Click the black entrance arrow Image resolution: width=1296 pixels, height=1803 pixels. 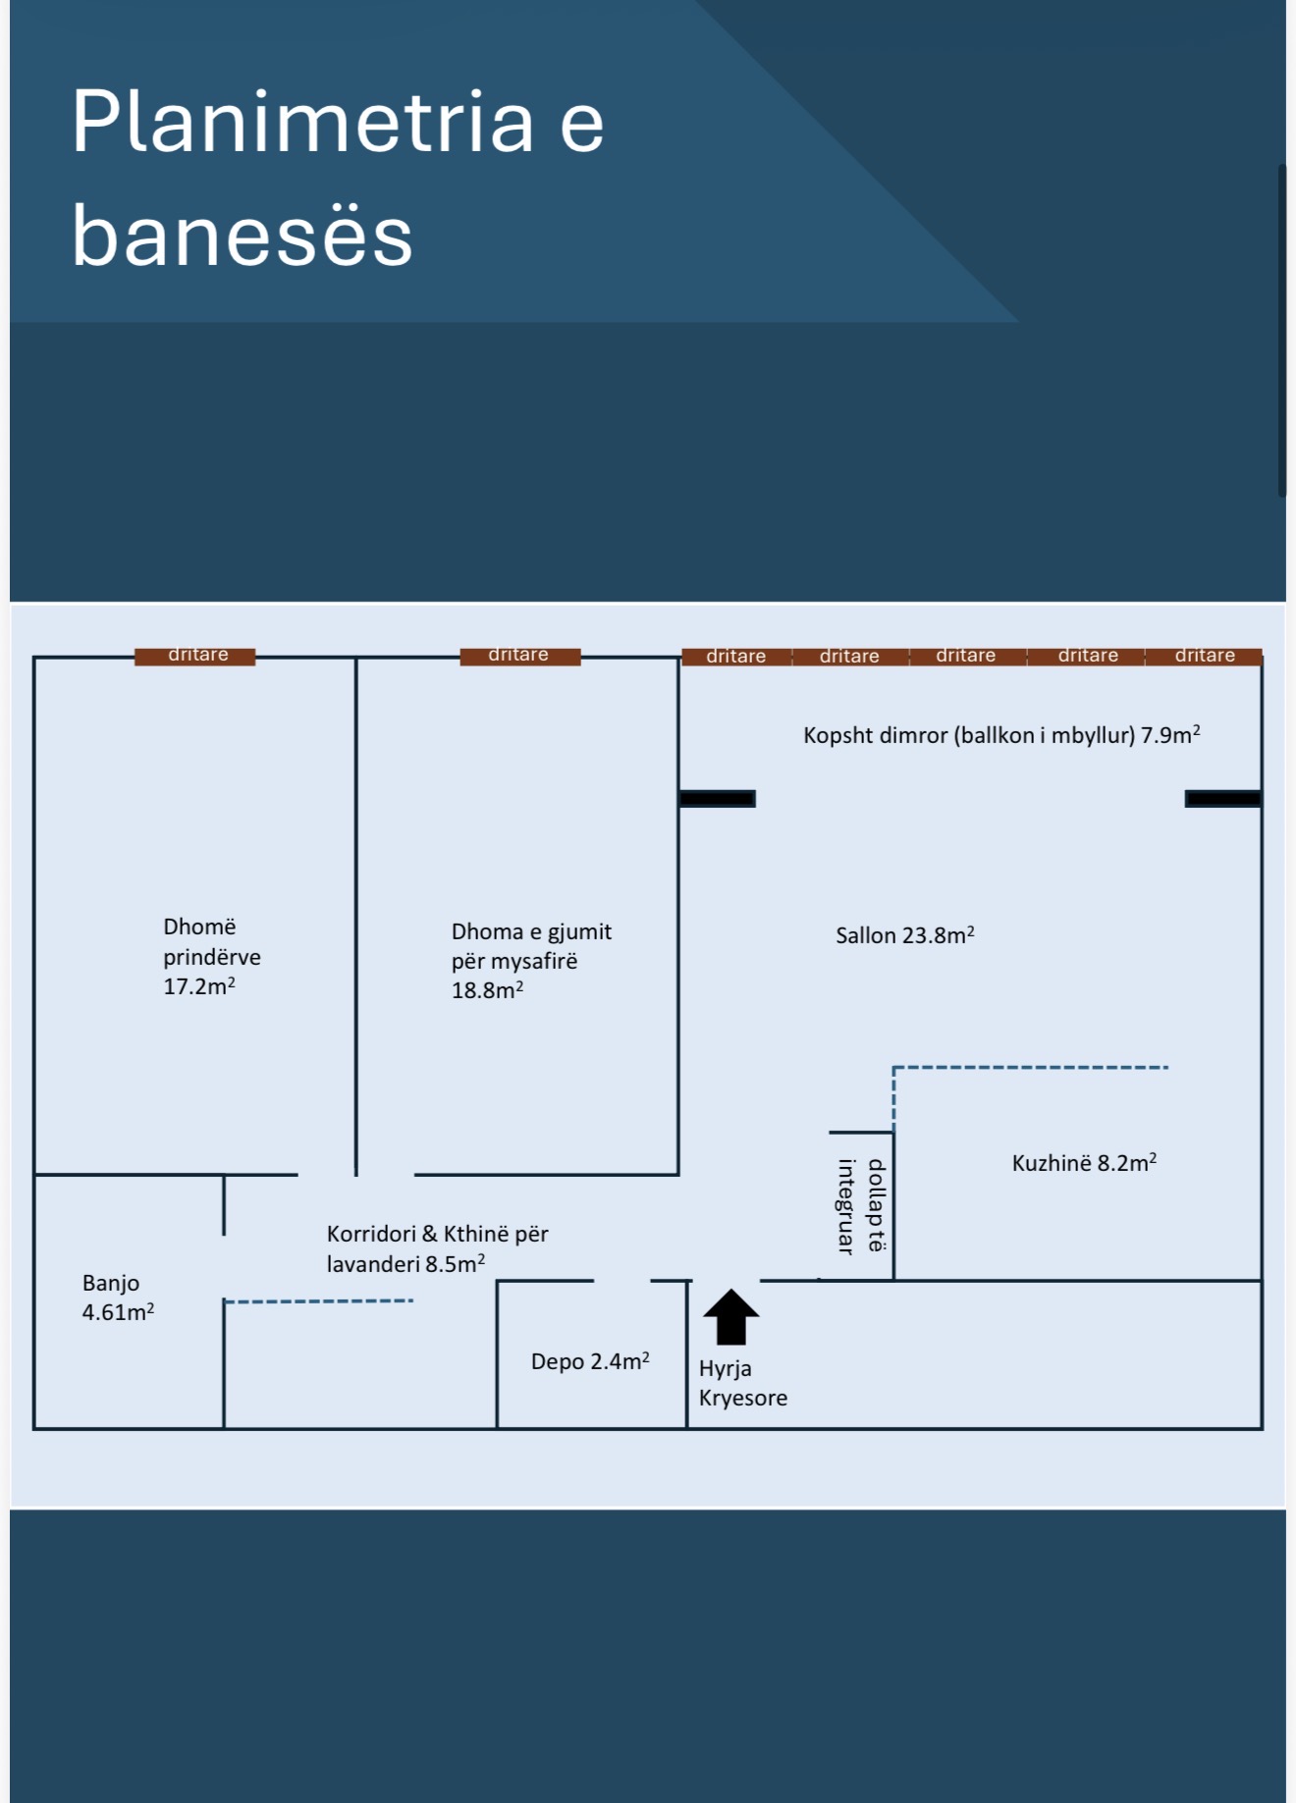pos(731,1317)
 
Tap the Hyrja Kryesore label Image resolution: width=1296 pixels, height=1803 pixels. pos(743,1383)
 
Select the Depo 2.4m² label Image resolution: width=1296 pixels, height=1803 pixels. pos(590,1361)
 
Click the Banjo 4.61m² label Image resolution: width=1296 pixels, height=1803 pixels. pos(118,1298)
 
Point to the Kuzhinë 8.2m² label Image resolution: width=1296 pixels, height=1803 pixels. pos(1084,1163)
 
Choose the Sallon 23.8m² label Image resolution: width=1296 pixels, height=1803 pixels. pos(905,935)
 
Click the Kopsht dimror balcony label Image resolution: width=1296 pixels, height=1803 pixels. pos(1001,735)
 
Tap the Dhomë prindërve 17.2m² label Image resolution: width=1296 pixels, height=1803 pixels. pos(212,957)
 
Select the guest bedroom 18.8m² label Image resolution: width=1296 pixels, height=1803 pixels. pos(531,961)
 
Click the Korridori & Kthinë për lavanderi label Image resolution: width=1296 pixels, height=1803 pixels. pos(437,1248)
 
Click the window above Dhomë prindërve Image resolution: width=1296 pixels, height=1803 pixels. pos(195,656)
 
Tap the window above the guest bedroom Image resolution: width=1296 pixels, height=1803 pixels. pos(520,656)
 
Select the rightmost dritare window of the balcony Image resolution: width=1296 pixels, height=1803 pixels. pos(1204,656)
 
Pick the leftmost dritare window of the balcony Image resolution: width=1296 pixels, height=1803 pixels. pos(736,657)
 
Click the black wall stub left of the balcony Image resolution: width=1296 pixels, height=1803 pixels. pos(718,799)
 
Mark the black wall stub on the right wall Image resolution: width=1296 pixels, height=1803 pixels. pos(1223,799)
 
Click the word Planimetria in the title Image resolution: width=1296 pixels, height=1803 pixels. pos(302,122)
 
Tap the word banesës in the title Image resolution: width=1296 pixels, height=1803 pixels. pos(242,237)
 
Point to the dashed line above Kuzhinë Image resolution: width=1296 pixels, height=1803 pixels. pos(1030,1068)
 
